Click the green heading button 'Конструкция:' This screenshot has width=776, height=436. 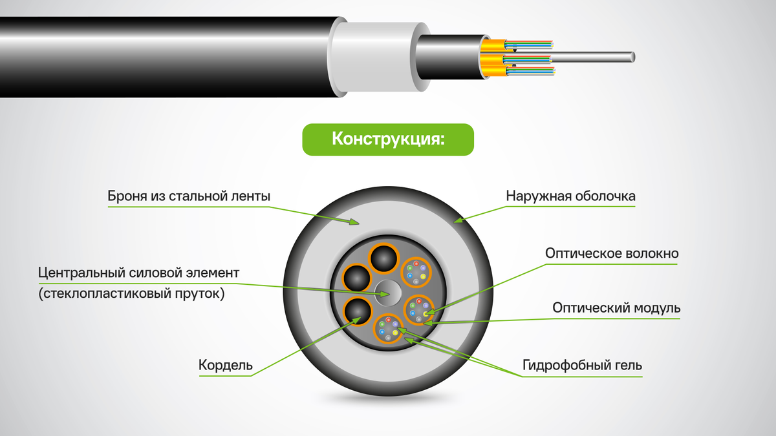coord(388,140)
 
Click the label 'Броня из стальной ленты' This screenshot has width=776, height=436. coord(189,196)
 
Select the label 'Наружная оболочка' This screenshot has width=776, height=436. coord(570,196)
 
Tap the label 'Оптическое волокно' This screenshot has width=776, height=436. coord(612,253)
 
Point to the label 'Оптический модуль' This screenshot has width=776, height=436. coord(616,307)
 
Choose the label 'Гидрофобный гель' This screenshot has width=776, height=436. coord(582,365)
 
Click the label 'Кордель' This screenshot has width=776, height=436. coord(226,365)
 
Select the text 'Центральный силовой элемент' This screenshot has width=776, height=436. coord(138,273)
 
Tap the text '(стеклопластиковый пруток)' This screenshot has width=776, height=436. coord(132,293)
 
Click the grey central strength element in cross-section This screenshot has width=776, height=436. coord(389,293)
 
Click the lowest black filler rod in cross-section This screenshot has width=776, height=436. coord(358,311)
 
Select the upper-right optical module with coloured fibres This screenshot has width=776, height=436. coord(416,273)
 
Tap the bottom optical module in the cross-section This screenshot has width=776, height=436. coord(389,328)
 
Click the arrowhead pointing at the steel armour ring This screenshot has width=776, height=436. coord(354,222)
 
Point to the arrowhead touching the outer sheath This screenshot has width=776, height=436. coord(459,220)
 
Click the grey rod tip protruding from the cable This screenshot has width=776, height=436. coord(632,57)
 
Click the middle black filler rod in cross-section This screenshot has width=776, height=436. coord(357,278)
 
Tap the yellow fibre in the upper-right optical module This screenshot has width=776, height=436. coord(423,276)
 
